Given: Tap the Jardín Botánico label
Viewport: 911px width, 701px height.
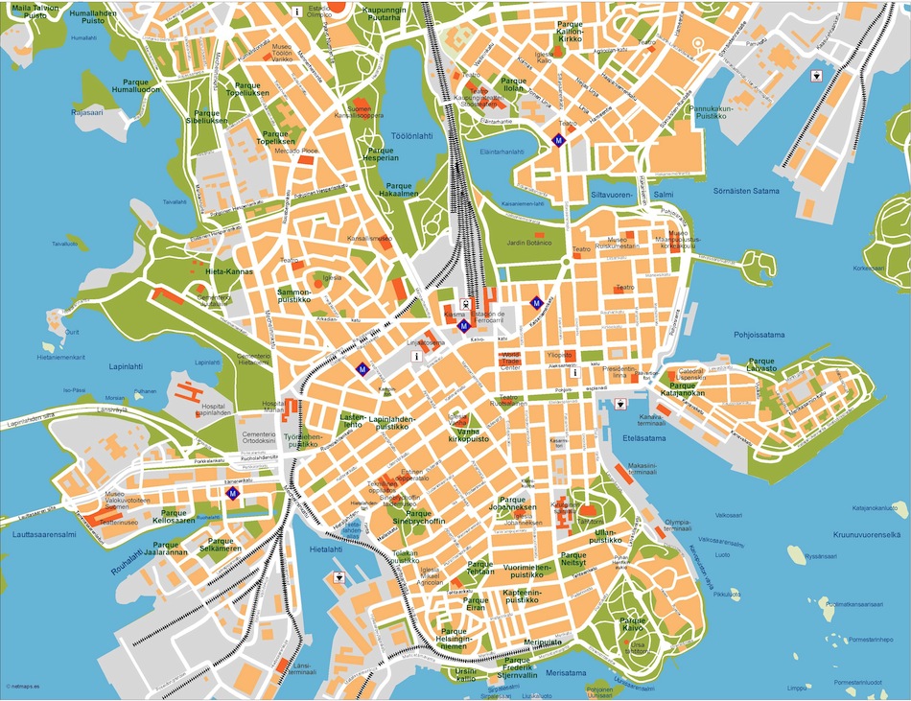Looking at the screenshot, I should tap(529, 243).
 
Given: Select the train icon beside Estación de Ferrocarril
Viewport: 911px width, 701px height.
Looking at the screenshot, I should tap(463, 305).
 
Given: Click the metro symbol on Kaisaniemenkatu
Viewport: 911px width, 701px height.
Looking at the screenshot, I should tap(536, 302).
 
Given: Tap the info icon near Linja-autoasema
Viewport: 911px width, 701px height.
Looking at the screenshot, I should tap(416, 356).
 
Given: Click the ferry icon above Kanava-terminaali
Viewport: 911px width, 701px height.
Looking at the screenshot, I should tap(621, 404).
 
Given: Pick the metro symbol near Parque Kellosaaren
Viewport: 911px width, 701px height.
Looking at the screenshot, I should tap(232, 493).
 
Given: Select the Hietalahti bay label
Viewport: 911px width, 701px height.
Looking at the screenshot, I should tap(326, 549).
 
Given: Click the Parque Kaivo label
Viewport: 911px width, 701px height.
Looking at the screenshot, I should tap(633, 624).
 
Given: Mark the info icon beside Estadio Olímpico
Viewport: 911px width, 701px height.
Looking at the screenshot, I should tap(297, 12).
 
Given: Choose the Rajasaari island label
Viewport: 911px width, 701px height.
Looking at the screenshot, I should tap(85, 112).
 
